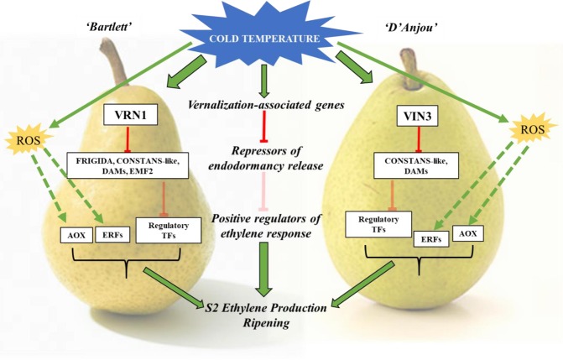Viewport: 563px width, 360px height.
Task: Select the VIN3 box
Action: tap(417, 116)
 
